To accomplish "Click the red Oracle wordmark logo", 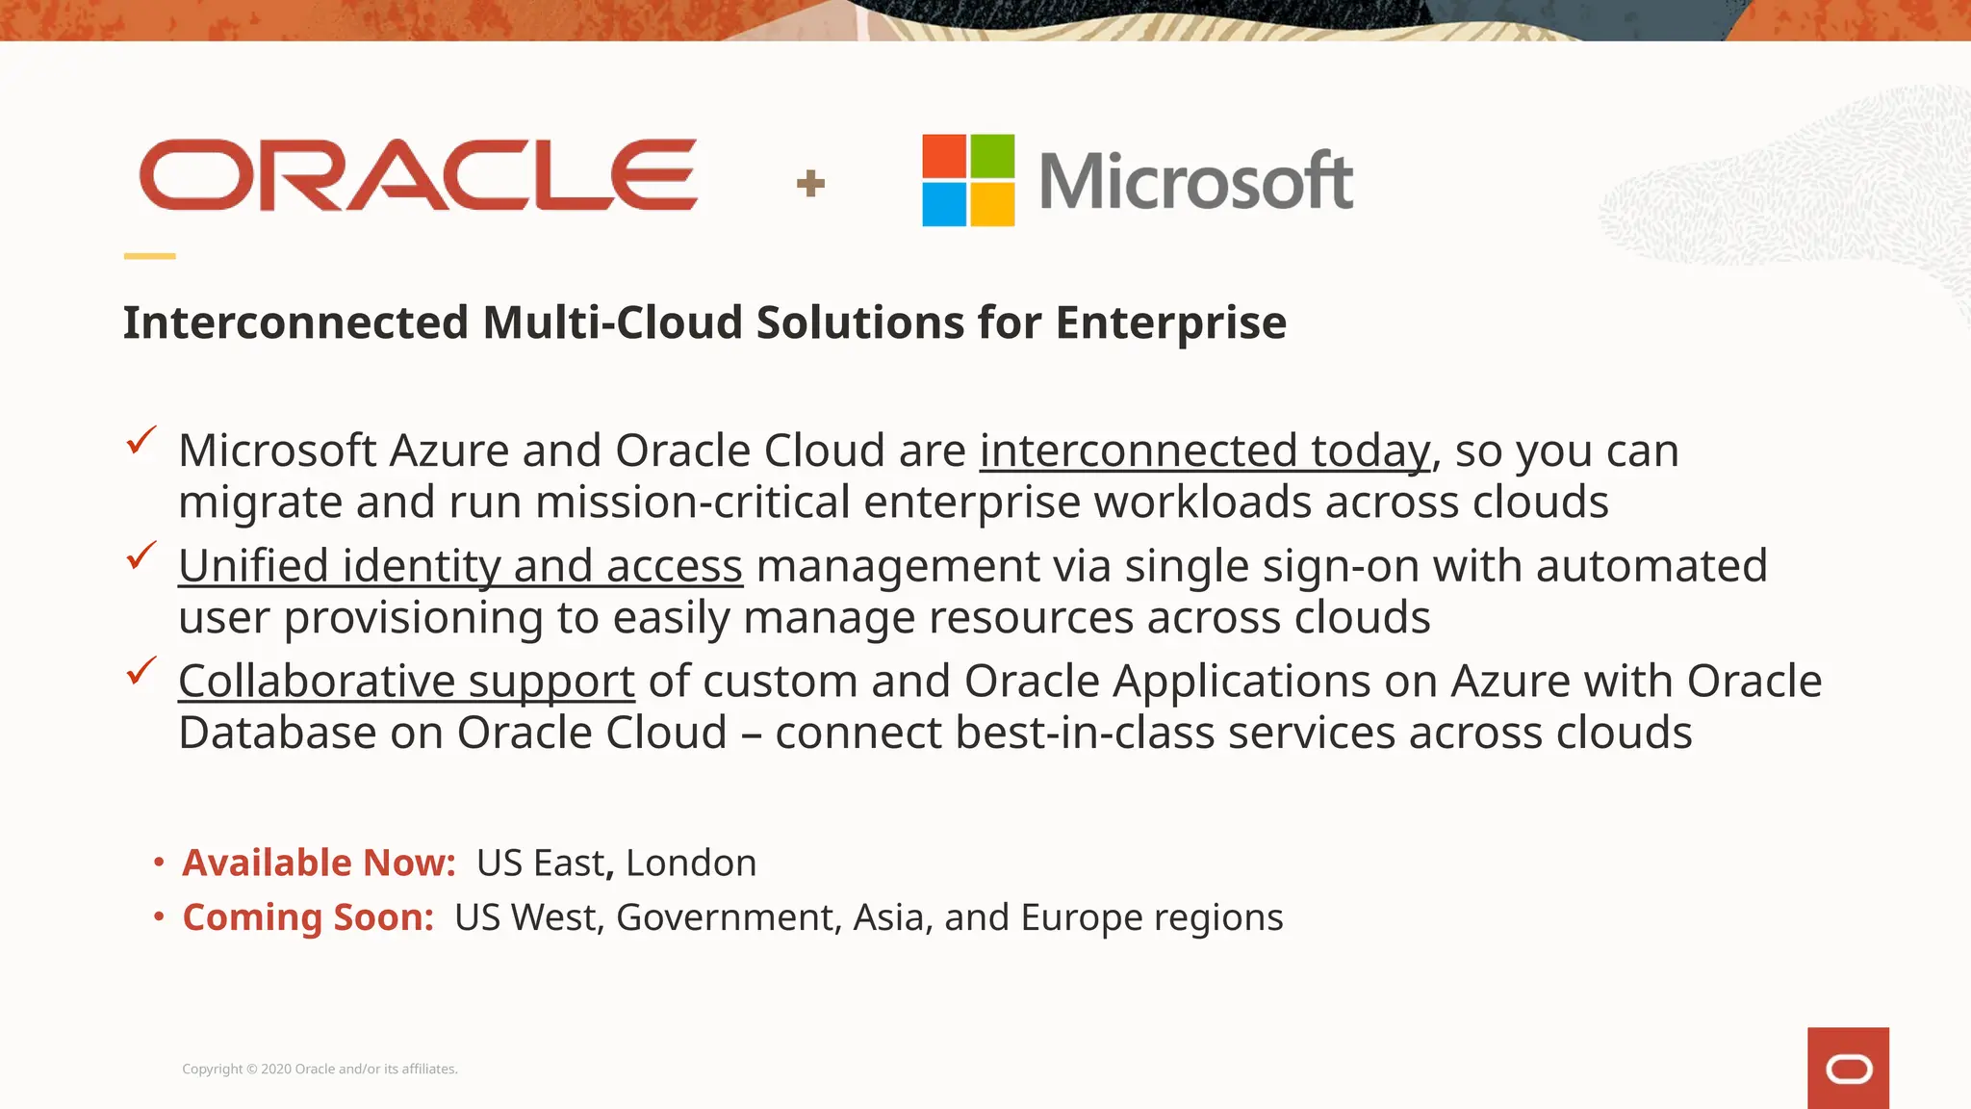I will pos(418,174).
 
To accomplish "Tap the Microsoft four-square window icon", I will pos(968,180).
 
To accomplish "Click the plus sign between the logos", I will pos(810,183).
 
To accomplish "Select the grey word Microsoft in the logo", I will pos(1196,181).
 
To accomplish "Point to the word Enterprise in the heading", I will pos(1170,323).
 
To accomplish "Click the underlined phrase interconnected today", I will pos(1205,451).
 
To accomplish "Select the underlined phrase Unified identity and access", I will pos(460,566).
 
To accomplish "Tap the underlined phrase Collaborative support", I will pos(406,682).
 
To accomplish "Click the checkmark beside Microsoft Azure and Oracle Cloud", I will pos(141,441).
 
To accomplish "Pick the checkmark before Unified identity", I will pos(141,555).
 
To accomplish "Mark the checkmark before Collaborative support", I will pos(141,671).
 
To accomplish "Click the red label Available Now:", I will pos(319,863).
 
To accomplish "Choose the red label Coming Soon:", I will pos(308,917).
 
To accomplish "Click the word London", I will pos(691,863).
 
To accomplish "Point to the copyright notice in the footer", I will pos(320,1069).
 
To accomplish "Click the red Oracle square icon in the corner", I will pos(1848,1069).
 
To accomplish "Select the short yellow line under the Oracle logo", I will pos(149,256).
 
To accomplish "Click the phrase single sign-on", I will pos(1271,566).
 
